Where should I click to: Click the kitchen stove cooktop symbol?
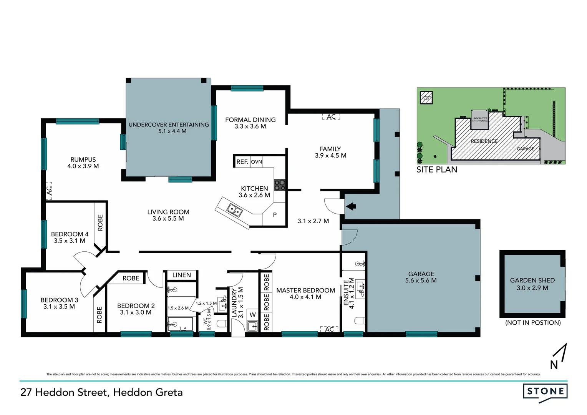[x=280, y=185]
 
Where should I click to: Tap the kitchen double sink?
[x=234, y=210]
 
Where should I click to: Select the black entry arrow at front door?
[x=351, y=206]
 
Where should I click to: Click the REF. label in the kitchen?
[x=242, y=162]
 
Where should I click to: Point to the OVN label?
[x=256, y=162]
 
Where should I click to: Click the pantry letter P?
[x=275, y=215]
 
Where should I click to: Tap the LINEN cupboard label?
[x=181, y=275]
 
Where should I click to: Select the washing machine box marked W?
[x=252, y=315]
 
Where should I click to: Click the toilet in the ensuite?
[x=359, y=321]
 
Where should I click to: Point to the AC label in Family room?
[x=331, y=116]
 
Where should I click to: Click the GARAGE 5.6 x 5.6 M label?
[x=421, y=277]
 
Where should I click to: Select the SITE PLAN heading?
[x=437, y=169]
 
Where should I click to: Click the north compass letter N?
[x=554, y=365]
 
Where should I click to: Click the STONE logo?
[x=545, y=392]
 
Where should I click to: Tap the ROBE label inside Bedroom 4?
[x=100, y=222]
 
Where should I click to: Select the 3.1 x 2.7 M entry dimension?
[x=313, y=221]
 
